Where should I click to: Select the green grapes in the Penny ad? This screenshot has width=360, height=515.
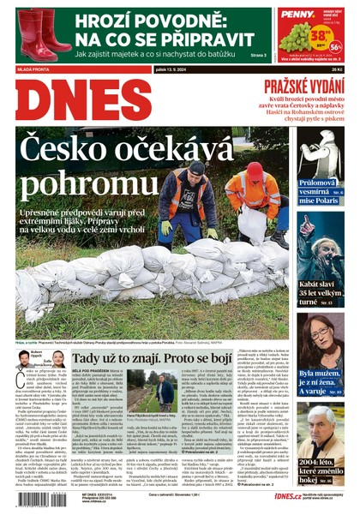297,38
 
